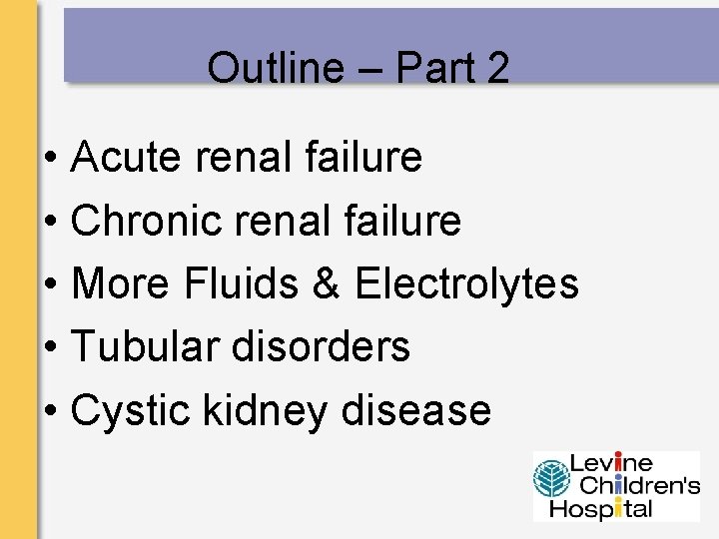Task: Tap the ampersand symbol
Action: point(326,283)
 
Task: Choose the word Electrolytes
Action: point(466,283)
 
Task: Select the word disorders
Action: point(321,347)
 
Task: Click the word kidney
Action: point(265,410)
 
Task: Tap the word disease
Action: point(416,410)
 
